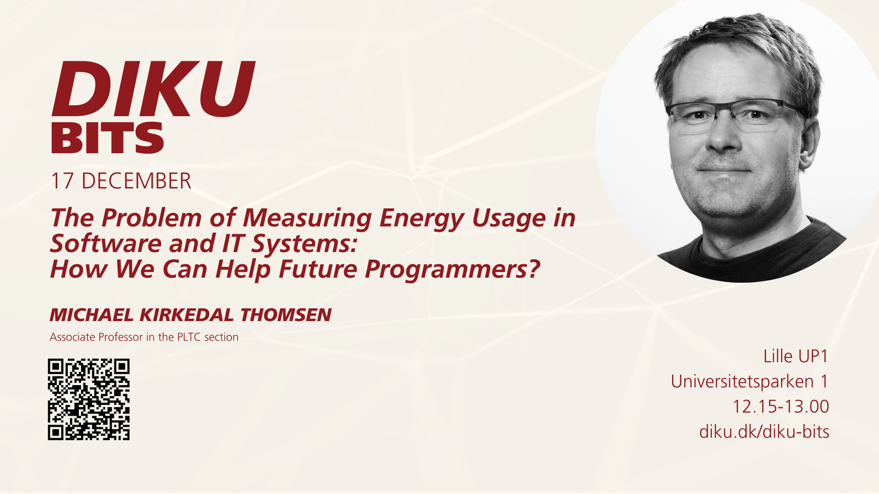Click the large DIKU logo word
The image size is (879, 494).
point(153,88)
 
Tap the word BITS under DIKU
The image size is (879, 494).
point(107,138)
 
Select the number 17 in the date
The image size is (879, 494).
point(62,181)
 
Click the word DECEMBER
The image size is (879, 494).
point(136,181)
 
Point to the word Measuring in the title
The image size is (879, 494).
point(307,218)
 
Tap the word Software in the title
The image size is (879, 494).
point(106,243)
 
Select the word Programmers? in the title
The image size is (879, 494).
point(452,269)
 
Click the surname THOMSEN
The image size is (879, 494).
point(286,315)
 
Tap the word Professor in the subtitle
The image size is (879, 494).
point(120,337)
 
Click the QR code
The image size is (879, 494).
point(89,399)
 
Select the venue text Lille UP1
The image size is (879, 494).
point(796,356)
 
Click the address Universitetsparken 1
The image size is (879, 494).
point(749,381)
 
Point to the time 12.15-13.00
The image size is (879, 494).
point(781,407)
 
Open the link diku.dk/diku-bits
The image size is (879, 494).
point(764,432)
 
